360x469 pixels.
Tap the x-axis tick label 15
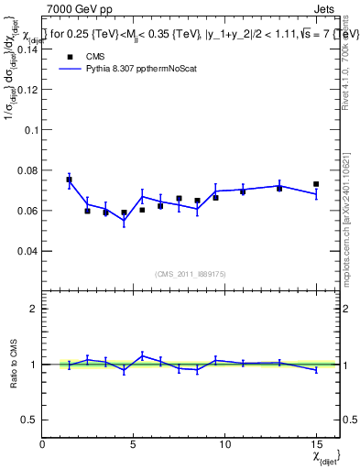tap(315, 443)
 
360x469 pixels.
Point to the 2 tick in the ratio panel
tap(35, 309)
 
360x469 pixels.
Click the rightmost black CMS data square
tap(316, 184)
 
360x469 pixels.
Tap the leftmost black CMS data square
tap(69, 180)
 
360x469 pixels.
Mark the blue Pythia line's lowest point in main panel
tap(124, 221)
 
